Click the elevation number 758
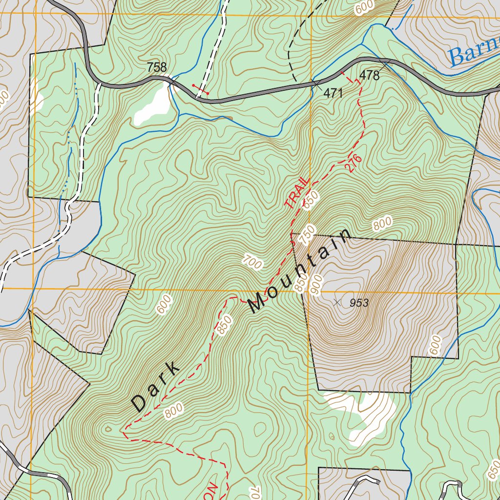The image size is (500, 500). click(x=157, y=67)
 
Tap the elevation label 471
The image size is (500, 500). click(x=333, y=93)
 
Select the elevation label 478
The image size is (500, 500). click(x=369, y=75)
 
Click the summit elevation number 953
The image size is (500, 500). click(x=359, y=303)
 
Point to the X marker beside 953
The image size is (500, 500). click(x=336, y=303)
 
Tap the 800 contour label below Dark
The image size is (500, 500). click(x=173, y=411)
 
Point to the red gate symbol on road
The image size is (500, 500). click(x=200, y=89)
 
